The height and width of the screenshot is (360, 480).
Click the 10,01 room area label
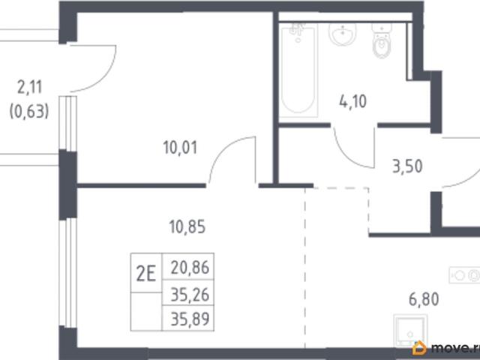tap(180, 148)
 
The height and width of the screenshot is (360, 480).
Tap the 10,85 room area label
tap(187, 227)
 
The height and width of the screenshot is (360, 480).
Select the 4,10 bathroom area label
tap(352, 101)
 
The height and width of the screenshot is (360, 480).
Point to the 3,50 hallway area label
tap(407, 166)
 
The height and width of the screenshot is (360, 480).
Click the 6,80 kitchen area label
tap(424, 299)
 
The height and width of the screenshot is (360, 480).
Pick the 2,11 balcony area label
tap(30, 88)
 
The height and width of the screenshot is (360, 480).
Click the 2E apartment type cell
tap(146, 273)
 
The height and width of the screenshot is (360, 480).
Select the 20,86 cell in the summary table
tap(188, 267)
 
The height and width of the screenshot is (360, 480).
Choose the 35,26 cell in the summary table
tap(188, 293)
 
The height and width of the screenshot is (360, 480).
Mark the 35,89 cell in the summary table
tap(188, 318)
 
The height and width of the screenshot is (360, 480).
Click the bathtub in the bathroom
tap(298, 70)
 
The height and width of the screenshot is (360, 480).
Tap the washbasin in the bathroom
tap(343, 33)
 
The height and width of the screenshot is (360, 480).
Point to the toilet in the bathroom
tap(382, 40)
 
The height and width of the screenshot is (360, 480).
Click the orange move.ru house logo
tap(419, 348)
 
